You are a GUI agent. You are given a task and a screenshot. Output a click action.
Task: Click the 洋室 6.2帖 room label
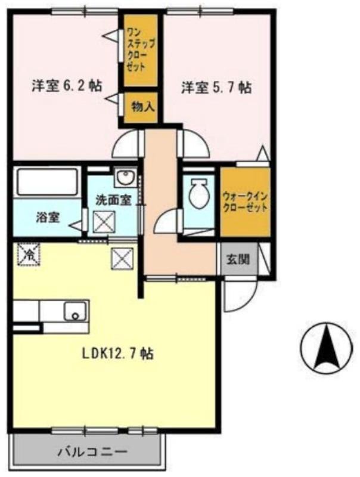pos(66,86)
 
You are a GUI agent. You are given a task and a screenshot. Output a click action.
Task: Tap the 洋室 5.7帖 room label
pos(216,87)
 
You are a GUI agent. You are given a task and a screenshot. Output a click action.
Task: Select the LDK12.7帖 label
pos(117,353)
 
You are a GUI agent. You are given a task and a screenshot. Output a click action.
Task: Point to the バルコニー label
pos(92,451)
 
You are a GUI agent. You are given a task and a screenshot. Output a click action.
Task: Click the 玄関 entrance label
pos(238,260)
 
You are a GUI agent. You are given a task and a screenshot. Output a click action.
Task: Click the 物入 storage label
pos(142,107)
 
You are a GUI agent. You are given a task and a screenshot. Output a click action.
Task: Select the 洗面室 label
pos(113,199)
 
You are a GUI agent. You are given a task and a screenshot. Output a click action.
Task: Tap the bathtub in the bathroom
pos(48,182)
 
